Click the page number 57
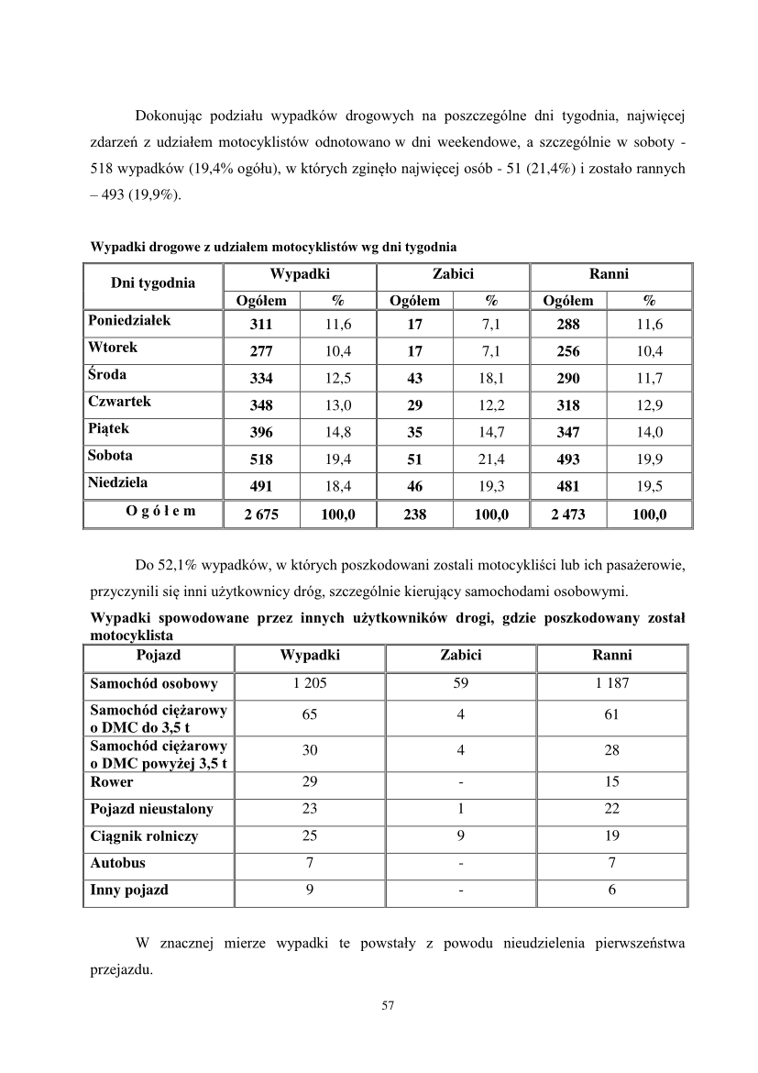coord(387,1006)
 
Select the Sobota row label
coord(110,456)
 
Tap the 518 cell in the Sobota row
coord(260,459)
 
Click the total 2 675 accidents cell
coord(260,514)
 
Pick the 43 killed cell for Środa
coord(414,379)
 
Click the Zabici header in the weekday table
coord(452,274)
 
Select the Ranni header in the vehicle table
coord(611,656)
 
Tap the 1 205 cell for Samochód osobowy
coord(310,683)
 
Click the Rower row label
coord(111,782)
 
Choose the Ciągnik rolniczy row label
coord(144,836)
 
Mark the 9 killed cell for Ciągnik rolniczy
coord(461,836)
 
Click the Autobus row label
coord(117,863)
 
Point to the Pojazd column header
coord(158,656)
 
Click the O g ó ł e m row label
coord(154,512)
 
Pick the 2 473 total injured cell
coord(567,514)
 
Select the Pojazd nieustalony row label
coord(151,809)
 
